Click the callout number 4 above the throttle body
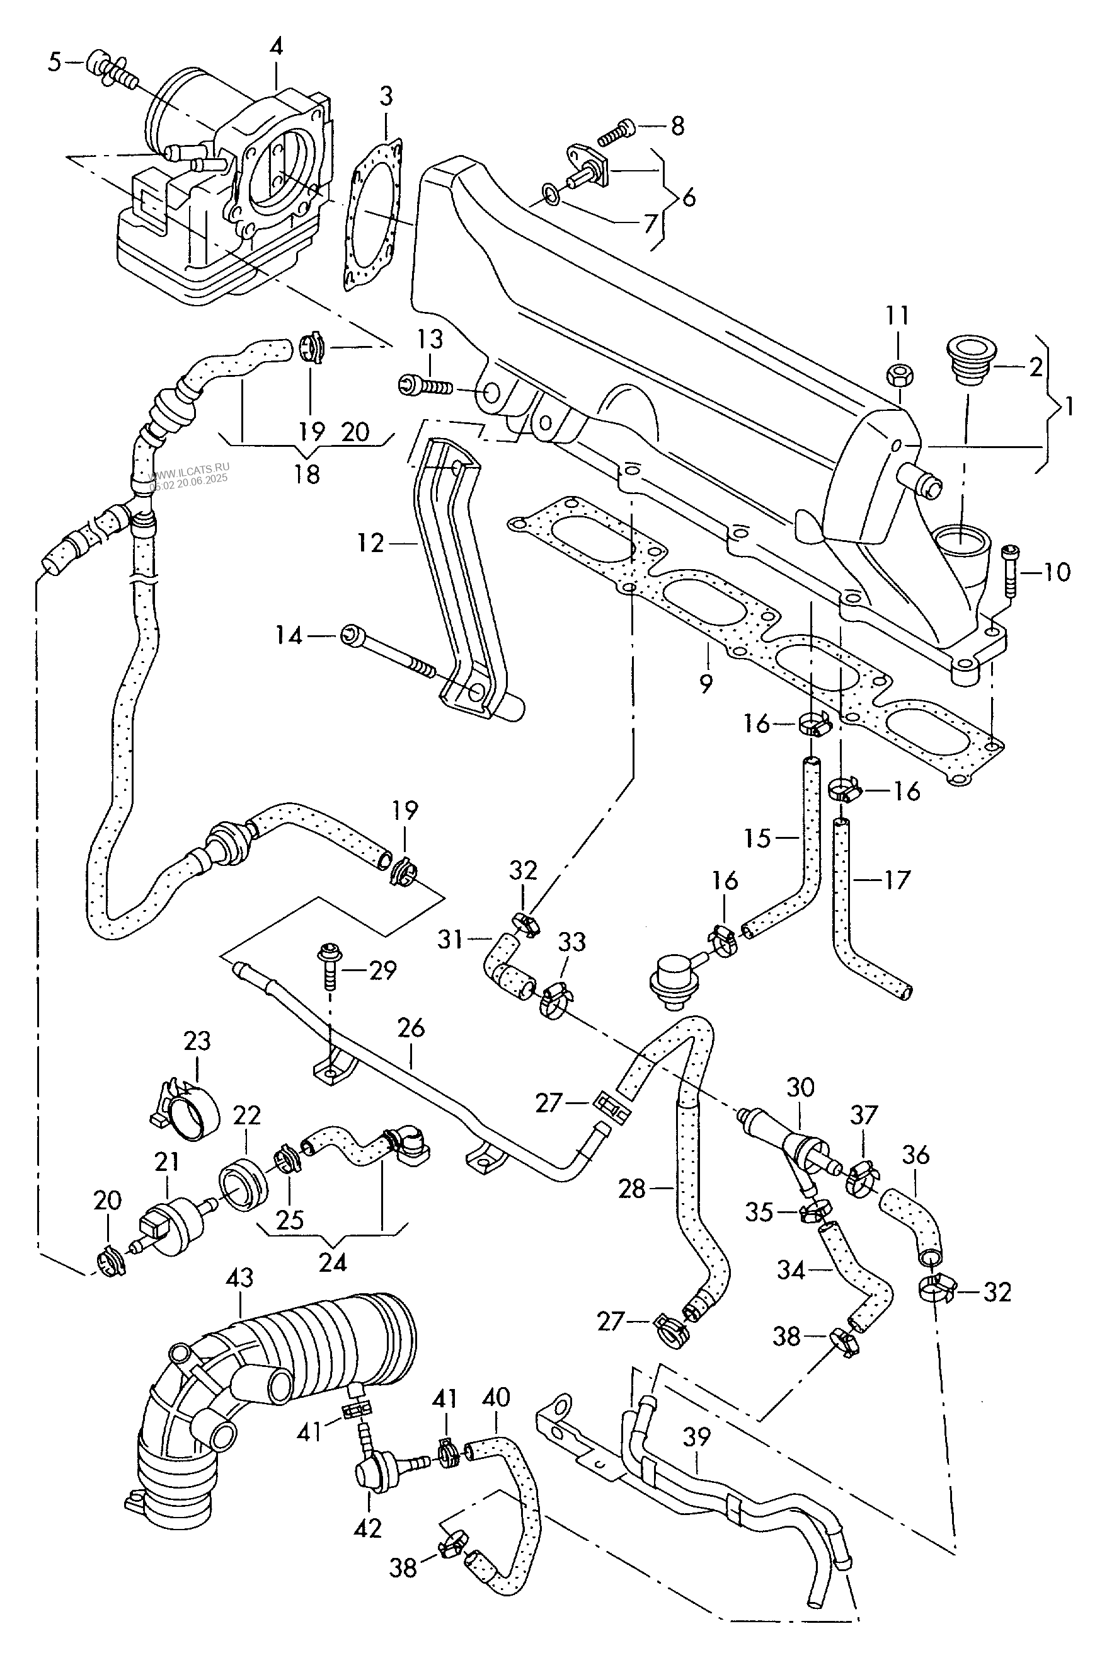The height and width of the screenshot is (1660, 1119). (x=276, y=47)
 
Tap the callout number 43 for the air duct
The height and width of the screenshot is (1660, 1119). (x=240, y=1277)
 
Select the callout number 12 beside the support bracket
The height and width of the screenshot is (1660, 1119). (x=371, y=544)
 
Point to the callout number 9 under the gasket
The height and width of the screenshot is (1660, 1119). (x=706, y=684)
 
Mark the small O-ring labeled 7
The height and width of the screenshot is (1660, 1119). (x=551, y=192)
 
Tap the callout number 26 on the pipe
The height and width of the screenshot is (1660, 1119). (x=411, y=1029)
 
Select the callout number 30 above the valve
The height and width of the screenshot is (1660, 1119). (x=801, y=1087)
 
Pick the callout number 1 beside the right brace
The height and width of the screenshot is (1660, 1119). (x=1069, y=408)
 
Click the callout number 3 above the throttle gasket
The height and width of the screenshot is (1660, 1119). (x=386, y=96)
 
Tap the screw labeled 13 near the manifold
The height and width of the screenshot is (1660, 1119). (x=423, y=387)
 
